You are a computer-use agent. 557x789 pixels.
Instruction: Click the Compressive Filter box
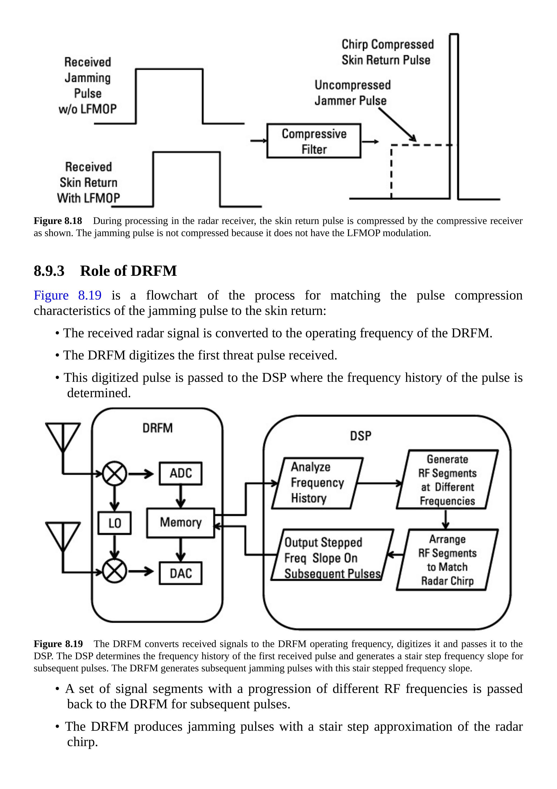coord(314,141)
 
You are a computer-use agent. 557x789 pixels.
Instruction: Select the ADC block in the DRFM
coord(181,473)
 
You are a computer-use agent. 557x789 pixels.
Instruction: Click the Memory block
coord(181,523)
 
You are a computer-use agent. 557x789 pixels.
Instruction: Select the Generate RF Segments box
coord(447,480)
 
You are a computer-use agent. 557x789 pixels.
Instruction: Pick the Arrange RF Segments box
coord(447,560)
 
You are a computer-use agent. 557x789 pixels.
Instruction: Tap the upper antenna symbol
coord(63,436)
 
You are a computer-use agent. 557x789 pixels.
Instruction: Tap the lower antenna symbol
coord(63,536)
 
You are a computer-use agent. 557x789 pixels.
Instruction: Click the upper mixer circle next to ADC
coord(115,474)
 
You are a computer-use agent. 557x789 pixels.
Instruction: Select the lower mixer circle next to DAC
coord(115,572)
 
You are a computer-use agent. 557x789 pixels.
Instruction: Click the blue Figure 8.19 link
coord(68,295)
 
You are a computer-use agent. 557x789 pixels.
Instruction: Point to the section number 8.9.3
coord(49,271)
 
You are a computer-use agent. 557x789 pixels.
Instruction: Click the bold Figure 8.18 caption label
coord(58,221)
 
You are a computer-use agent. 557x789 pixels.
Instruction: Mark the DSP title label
coord(360,436)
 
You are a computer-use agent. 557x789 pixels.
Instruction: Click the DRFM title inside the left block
coord(158,428)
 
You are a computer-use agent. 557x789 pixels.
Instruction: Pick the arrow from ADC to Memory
coord(181,496)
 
